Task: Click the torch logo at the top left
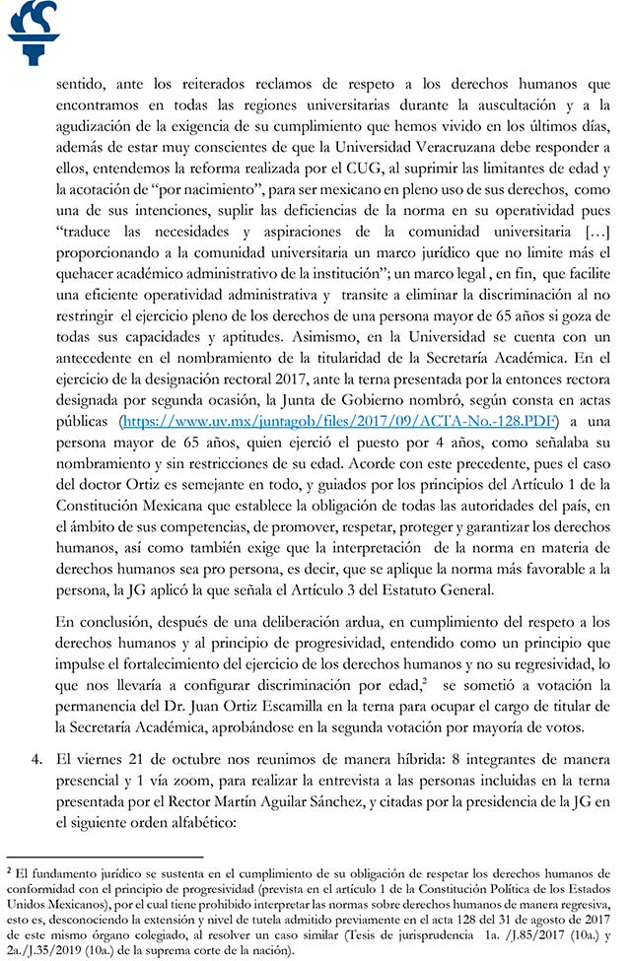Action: coord(33,33)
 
